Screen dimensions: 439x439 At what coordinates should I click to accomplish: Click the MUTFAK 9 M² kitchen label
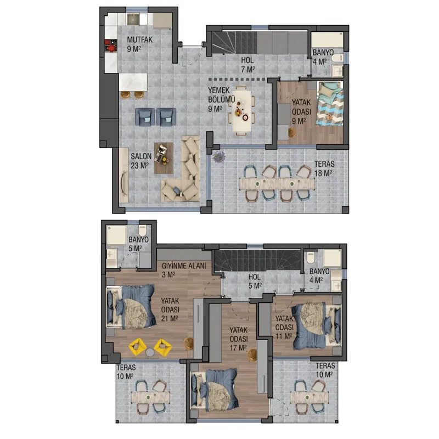pyautogui.click(x=140, y=44)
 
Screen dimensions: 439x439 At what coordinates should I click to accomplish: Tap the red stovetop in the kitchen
pyautogui.click(x=111, y=46)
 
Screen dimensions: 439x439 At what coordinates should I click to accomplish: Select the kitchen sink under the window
pyautogui.click(x=133, y=19)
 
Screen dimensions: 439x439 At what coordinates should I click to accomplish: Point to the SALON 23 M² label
pyautogui.click(x=141, y=161)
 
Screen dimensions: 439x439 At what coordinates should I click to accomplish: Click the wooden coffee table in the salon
pyautogui.click(x=164, y=158)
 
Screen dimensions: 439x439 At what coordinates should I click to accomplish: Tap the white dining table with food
pyautogui.click(x=241, y=110)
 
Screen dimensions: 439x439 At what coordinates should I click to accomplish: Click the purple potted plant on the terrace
pyautogui.click(x=218, y=156)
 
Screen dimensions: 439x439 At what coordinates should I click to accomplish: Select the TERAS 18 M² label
pyautogui.click(x=324, y=168)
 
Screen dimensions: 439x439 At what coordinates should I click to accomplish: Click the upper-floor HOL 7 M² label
pyautogui.click(x=248, y=65)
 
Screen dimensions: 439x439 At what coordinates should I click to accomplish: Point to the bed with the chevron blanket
pyautogui.click(x=330, y=104)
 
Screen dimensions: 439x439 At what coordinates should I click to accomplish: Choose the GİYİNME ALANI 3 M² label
pyautogui.click(x=184, y=270)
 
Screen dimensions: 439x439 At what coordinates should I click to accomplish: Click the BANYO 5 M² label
pyautogui.click(x=138, y=244)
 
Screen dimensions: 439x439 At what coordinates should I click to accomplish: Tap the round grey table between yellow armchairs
pyautogui.click(x=150, y=352)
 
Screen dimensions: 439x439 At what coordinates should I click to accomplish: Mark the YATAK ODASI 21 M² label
pyautogui.click(x=170, y=309)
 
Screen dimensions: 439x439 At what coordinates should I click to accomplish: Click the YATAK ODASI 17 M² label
pyautogui.click(x=239, y=339)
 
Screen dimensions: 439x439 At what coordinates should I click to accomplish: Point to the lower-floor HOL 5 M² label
pyautogui.click(x=255, y=282)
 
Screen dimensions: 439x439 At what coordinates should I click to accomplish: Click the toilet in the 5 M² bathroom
pyautogui.click(x=143, y=230)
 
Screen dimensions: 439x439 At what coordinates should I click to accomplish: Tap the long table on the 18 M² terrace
pyautogui.click(x=277, y=184)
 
